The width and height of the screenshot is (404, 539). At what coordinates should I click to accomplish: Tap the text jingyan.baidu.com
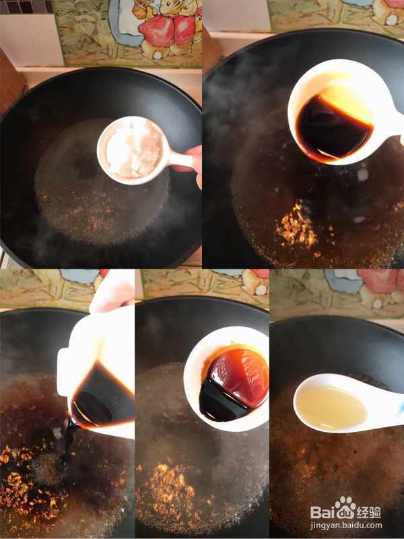coord(346,526)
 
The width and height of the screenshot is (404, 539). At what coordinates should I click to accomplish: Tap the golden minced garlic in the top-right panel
coord(298,228)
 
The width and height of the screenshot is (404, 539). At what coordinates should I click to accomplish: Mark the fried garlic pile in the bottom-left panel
coord(28,481)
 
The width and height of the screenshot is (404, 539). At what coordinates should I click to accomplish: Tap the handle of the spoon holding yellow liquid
coord(384,406)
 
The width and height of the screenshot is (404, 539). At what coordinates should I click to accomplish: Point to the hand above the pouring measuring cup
coord(112,292)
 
